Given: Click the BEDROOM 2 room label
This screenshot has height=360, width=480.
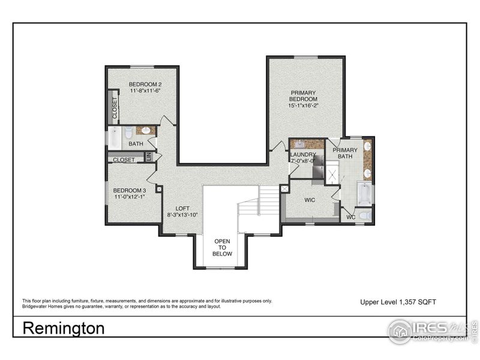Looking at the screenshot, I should pyautogui.click(x=145, y=84).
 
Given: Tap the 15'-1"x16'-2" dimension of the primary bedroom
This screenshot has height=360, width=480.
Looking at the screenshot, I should pyautogui.click(x=303, y=106).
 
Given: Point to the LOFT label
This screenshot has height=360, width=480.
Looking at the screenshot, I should pyautogui.click(x=182, y=208).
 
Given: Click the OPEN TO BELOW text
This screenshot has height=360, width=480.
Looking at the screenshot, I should pyautogui.click(x=222, y=247).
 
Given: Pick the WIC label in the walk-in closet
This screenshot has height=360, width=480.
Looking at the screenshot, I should pyautogui.click(x=310, y=200).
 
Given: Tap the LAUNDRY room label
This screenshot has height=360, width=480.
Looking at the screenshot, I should pyautogui.click(x=303, y=155).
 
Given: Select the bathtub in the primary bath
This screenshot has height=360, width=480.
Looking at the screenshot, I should pyautogui.click(x=364, y=194).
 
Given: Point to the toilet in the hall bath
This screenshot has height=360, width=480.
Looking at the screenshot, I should pyautogui.click(x=128, y=133).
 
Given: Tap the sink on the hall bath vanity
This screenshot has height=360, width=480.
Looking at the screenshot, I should pyautogui.click(x=146, y=130).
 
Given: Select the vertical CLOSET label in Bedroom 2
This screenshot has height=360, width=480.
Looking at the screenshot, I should pyautogui.click(x=114, y=107).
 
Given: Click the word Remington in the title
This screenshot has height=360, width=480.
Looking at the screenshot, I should pyautogui.click(x=64, y=328).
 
